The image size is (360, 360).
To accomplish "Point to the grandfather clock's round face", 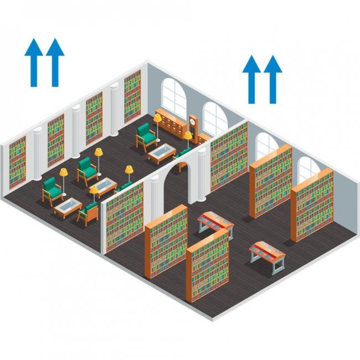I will coord(192,121).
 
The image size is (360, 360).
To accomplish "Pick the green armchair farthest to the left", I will coord(52,190).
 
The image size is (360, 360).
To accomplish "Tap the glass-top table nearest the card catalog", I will coord(161,152).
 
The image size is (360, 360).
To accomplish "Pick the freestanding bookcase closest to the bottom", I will coord(208,266).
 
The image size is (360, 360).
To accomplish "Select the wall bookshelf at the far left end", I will coord(17,163).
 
